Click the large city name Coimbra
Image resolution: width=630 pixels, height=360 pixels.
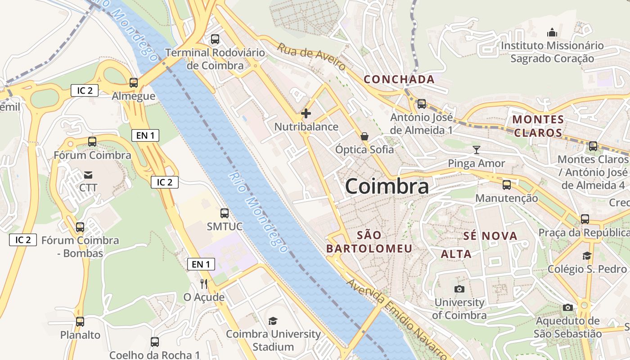tap(387, 187)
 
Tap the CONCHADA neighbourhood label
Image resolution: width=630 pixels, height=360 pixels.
tap(399, 80)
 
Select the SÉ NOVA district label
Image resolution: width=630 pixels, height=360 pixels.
tap(490, 236)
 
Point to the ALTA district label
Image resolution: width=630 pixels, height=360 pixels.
tap(456, 254)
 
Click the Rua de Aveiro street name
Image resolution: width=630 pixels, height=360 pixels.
tap(311, 57)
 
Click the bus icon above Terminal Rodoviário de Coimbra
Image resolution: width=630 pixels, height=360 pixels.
tap(215, 39)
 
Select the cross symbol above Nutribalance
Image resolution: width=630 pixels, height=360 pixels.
tap(306, 113)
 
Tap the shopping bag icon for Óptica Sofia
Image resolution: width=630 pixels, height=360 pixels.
tap(364, 136)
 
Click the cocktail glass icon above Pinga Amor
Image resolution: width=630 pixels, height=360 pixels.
tap(477, 150)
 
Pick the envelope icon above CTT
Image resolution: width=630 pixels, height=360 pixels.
tap(88, 175)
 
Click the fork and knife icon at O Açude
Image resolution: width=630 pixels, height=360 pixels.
tap(204, 283)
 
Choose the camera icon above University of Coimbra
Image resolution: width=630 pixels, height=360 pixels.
tap(459, 289)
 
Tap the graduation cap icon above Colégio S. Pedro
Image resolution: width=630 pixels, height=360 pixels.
tap(587, 256)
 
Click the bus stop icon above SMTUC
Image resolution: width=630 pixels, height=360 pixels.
tap(225, 213)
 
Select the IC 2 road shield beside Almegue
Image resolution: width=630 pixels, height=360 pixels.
tap(85, 90)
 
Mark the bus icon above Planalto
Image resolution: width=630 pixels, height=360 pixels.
tap(80, 322)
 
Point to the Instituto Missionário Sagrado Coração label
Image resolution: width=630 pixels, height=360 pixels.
tap(552, 52)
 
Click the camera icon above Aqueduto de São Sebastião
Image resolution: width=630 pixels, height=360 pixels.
tap(568, 307)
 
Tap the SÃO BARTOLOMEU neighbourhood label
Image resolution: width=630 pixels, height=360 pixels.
tap(369, 242)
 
